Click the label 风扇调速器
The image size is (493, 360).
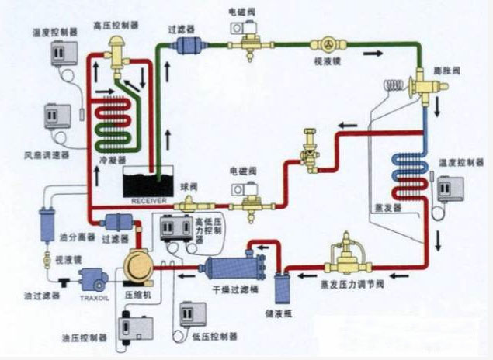46,155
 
